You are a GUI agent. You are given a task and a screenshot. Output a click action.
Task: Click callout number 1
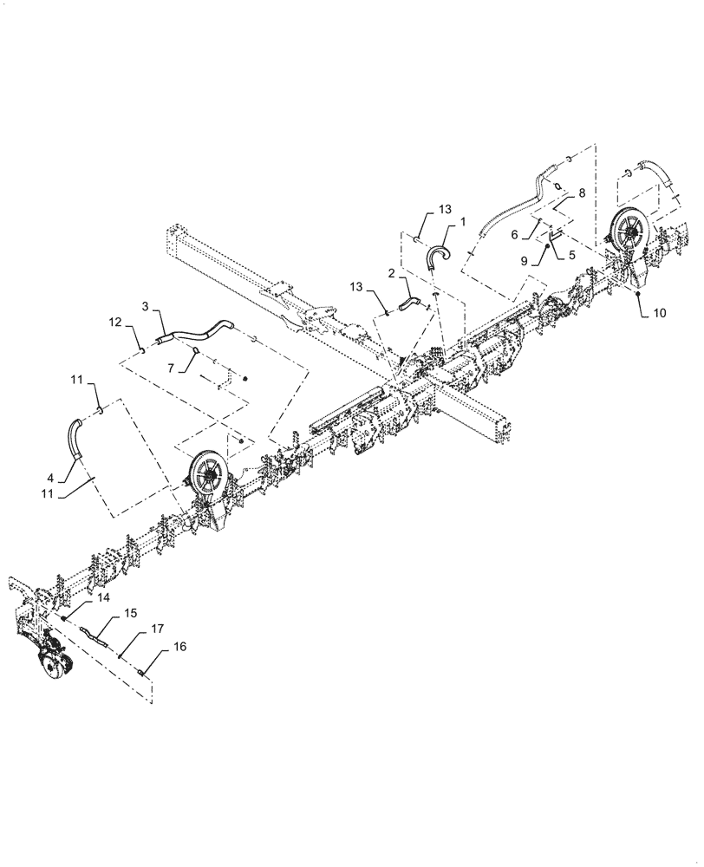click(x=463, y=222)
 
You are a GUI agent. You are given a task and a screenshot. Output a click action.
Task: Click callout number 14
click(x=102, y=598)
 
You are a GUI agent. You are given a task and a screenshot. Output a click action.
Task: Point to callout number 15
click(x=130, y=613)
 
